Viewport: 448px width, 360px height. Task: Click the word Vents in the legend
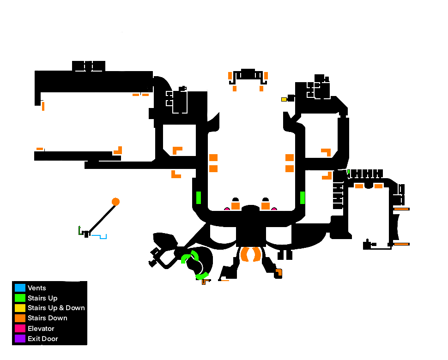(37, 288)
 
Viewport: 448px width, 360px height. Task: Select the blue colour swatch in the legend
(20, 288)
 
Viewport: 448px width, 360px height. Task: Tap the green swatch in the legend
(20, 298)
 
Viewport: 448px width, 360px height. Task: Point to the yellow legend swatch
(20, 308)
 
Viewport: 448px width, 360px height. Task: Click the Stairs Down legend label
(47, 318)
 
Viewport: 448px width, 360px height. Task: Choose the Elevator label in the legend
(41, 329)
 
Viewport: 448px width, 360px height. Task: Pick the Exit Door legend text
(42, 339)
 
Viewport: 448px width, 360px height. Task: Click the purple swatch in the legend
(20, 339)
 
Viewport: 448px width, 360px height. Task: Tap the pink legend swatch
(20, 329)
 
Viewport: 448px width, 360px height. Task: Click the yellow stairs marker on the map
(284, 99)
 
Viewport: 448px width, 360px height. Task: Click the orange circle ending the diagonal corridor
(115, 202)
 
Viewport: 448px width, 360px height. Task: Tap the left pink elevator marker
(227, 209)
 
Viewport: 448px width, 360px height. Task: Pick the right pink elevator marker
(274, 209)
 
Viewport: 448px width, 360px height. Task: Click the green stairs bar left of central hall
(199, 198)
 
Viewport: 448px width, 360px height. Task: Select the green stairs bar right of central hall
(303, 198)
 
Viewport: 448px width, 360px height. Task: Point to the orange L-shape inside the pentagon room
(176, 150)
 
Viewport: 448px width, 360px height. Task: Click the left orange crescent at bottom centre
(244, 254)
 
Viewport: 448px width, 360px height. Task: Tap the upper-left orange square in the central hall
(213, 157)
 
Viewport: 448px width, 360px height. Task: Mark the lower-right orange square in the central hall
(290, 168)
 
